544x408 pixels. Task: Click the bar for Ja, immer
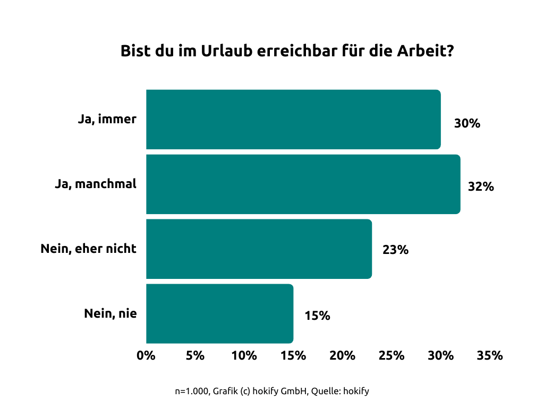(x=293, y=120)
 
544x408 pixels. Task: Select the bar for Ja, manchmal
(x=303, y=184)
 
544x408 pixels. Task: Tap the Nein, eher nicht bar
(x=259, y=249)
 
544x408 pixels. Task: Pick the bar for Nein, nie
(x=219, y=313)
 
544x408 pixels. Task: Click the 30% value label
(x=467, y=124)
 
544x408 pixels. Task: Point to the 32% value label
(x=481, y=187)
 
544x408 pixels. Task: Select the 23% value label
(x=395, y=250)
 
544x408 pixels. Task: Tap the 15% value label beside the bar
(x=317, y=316)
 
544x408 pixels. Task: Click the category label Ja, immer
(x=107, y=120)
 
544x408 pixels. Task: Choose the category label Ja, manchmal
(x=96, y=184)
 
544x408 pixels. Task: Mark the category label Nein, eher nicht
(x=89, y=249)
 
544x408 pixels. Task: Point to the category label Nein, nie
(x=110, y=313)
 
